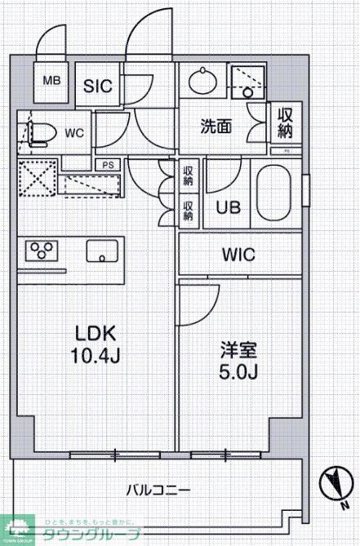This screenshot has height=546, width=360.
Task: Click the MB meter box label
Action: pos(52,81)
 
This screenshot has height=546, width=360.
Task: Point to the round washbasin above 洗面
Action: pos(202,82)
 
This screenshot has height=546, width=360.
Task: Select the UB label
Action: pos(228,207)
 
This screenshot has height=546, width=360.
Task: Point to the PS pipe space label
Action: pos(108,164)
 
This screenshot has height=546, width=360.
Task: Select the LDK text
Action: pos(96,334)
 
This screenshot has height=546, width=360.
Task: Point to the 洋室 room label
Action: pos(238,351)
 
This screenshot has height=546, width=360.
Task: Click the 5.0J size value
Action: pos(238,373)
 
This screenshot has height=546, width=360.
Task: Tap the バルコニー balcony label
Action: pos(158,491)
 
